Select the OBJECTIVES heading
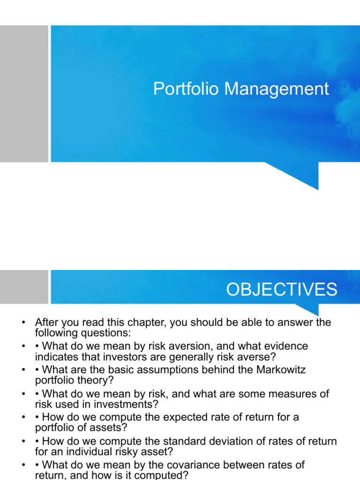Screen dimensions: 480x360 click(x=281, y=290)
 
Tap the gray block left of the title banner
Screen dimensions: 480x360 click(x=24, y=94)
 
